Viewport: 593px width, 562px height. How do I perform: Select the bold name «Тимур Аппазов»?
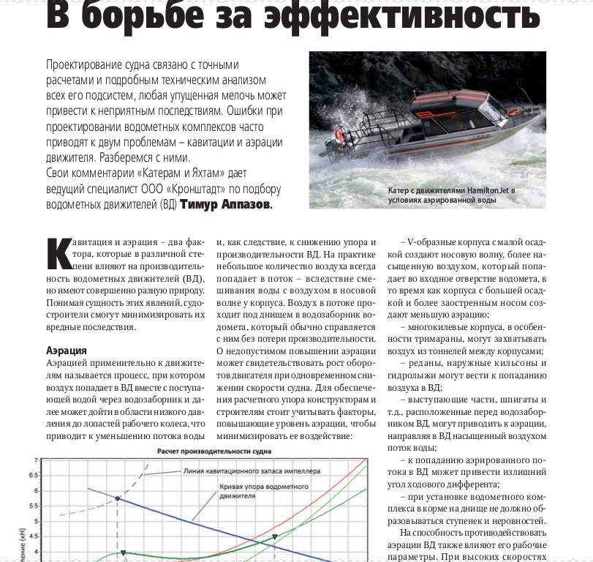pos(225,205)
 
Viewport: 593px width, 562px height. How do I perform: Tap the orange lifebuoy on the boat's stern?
pos(339,134)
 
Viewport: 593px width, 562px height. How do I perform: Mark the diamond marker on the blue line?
pos(117,498)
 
